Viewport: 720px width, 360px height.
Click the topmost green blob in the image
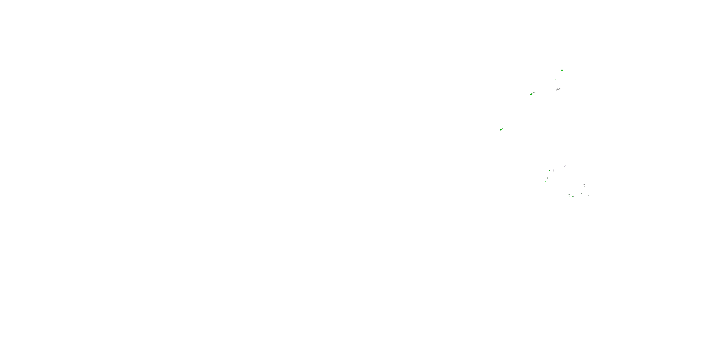click(x=562, y=70)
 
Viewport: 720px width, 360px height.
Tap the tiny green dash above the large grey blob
click(x=556, y=79)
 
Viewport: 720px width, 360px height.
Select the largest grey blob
click(x=557, y=90)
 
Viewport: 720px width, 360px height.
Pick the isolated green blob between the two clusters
click(x=501, y=129)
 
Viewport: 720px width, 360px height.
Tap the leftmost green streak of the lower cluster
click(x=545, y=181)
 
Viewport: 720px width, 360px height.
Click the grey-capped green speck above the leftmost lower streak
click(x=548, y=178)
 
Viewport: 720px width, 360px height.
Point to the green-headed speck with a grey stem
click(x=553, y=170)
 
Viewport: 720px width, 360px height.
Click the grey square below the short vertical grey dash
click(x=564, y=168)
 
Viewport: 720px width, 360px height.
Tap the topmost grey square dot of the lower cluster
click(x=576, y=161)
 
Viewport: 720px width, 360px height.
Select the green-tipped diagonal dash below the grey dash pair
click(x=586, y=188)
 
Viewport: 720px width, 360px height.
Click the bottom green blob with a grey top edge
click(x=569, y=195)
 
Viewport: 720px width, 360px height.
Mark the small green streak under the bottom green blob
click(x=570, y=197)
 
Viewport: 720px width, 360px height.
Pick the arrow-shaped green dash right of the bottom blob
click(x=573, y=197)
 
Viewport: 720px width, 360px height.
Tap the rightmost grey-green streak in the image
click(x=589, y=196)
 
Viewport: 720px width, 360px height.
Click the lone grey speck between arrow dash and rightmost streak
click(x=582, y=193)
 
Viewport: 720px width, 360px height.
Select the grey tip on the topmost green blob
click(x=564, y=70)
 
